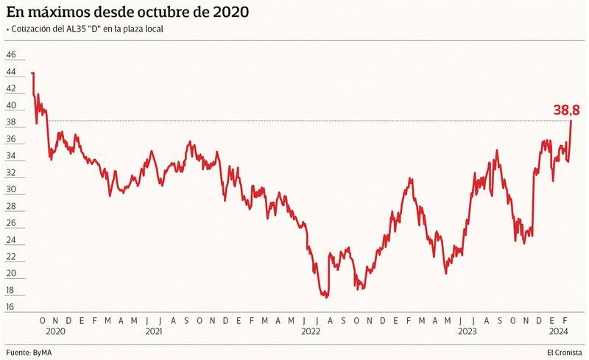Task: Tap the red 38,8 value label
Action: coord(567,110)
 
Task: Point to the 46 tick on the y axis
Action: coord(10,54)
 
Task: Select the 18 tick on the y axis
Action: coord(10,307)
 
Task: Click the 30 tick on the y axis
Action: coord(10,189)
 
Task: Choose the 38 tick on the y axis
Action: coord(10,121)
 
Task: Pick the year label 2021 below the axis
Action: coord(154,331)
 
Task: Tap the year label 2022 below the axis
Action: coord(310,331)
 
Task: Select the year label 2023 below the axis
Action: coord(466,331)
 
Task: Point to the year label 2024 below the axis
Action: coord(558,331)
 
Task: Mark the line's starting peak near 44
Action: coord(32,73)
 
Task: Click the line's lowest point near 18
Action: coord(325,296)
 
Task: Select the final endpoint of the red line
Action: coord(571,120)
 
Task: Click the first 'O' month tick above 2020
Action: coord(43,320)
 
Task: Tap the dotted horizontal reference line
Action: coord(294,121)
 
